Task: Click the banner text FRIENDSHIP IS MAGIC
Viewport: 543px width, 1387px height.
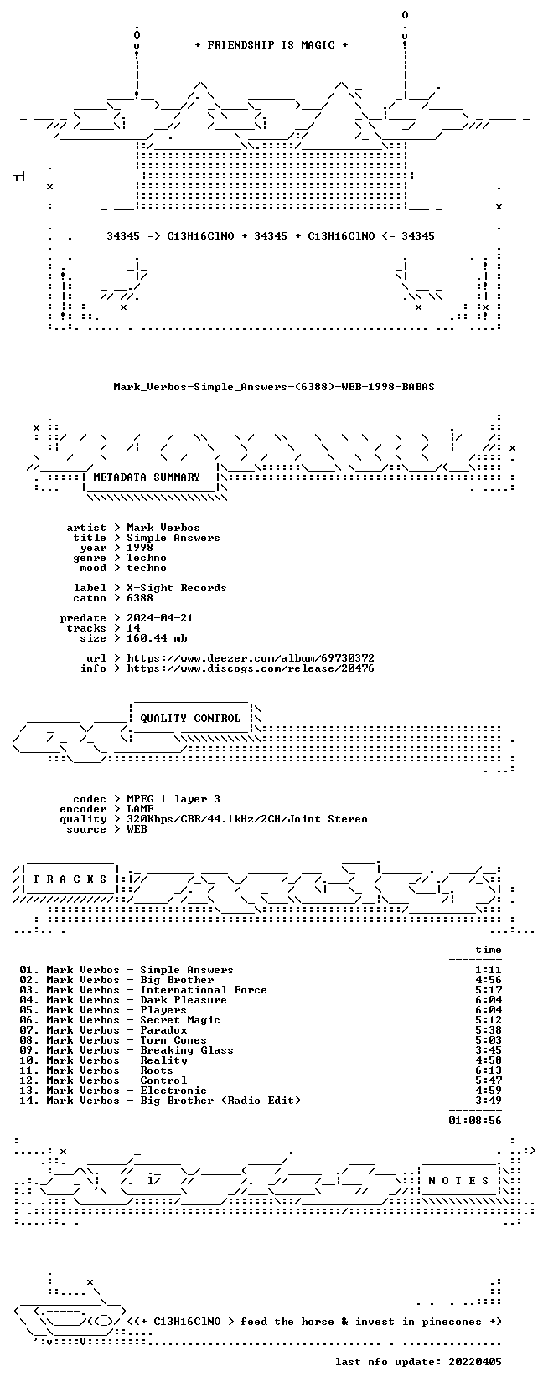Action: (271, 45)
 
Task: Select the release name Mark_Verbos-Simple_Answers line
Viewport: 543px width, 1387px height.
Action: (274, 387)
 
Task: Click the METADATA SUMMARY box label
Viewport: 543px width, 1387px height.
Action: (147, 477)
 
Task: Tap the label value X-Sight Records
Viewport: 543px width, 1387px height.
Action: (177, 588)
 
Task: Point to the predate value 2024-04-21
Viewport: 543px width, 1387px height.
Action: (160, 618)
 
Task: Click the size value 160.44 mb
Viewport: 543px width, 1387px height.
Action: (157, 638)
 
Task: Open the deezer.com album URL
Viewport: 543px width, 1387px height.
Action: (251, 658)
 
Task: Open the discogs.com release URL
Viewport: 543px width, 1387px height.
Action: (251, 668)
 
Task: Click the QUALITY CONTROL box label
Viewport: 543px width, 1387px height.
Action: (190, 719)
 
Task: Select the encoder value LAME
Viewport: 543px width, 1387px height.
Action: (140, 809)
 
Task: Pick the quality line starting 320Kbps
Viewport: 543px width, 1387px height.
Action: (247, 819)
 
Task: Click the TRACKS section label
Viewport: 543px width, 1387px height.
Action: (70, 879)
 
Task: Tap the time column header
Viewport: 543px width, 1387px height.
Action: (489, 950)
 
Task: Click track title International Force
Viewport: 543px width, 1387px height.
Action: (204, 990)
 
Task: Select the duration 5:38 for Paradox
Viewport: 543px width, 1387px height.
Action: (489, 1030)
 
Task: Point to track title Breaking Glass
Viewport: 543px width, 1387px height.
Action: (187, 1050)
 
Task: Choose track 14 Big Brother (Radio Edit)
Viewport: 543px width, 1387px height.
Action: (160, 1101)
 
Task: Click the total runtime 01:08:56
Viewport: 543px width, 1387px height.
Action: (475, 1120)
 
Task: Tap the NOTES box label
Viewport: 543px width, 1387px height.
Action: (459, 1181)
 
